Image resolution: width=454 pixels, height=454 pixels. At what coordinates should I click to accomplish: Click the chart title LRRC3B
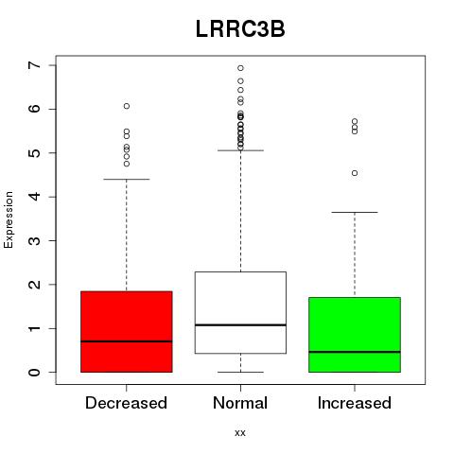pyautogui.click(x=240, y=29)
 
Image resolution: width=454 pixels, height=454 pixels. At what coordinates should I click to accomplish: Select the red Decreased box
pyautogui.click(x=127, y=332)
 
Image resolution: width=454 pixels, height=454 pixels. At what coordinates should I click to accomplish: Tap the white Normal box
pyautogui.click(x=240, y=312)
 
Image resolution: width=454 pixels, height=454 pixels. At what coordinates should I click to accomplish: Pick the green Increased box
pyautogui.click(x=355, y=335)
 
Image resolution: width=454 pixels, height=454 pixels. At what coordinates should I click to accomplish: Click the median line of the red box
pyautogui.click(x=127, y=341)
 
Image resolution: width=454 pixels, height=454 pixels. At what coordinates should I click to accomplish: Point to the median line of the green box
pyautogui.click(x=355, y=352)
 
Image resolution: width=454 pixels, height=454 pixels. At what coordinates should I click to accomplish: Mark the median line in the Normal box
pyautogui.click(x=240, y=324)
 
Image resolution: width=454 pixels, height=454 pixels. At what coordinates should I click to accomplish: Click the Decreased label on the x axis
pyautogui.click(x=126, y=403)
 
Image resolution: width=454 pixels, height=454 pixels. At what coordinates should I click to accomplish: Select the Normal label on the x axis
pyautogui.click(x=240, y=403)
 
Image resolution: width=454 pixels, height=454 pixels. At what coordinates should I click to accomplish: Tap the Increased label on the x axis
pyautogui.click(x=355, y=403)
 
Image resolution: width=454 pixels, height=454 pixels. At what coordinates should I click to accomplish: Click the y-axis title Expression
pyautogui.click(x=9, y=219)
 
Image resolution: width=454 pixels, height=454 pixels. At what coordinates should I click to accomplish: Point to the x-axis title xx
pyautogui.click(x=240, y=432)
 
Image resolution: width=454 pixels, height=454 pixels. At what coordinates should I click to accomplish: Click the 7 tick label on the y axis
pyautogui.click(x=35, y=65)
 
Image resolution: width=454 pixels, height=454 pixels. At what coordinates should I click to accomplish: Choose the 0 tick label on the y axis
pyautogui.click(x=35, y=373)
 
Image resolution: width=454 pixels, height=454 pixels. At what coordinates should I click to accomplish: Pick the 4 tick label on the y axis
pyautogui.click(x=35, y=197)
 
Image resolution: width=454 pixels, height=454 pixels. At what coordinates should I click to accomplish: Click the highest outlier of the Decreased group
pyautogui.click(x=127, y=106)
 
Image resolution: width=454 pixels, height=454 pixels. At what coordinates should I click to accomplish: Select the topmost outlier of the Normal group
pyautogui.click(x=240, y=68)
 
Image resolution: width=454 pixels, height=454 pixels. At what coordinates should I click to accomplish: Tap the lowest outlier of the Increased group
pyautogui.click(x=355, y=173)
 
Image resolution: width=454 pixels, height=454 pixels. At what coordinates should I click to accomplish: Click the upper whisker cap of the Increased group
pyautogui.click(x=355, y=212)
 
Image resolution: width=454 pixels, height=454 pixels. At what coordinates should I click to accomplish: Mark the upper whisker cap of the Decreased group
pyautogui.click(x=127, y=179)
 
